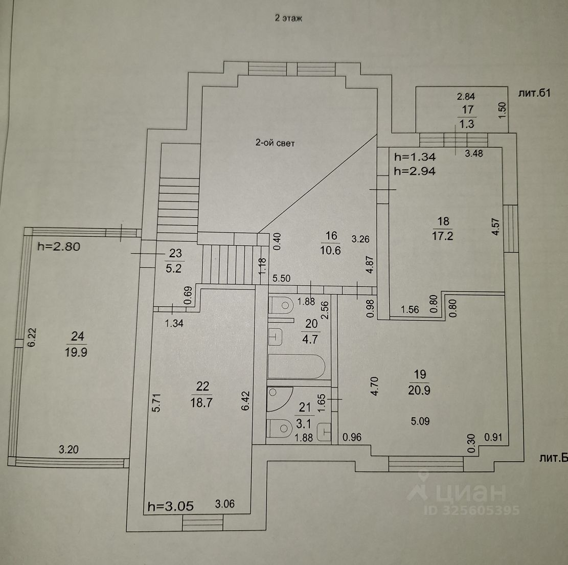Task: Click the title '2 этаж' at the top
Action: pos(289,19)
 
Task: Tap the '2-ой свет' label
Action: pos(275,143)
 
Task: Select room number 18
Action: pos(443,221)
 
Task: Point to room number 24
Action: pos(78,336)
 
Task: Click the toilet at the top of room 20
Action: pos(281,305)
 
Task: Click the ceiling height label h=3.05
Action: pos(170,507)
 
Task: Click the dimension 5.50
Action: pos(281,279)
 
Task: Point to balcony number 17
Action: pos(467,109)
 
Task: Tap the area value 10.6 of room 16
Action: pos(331,251)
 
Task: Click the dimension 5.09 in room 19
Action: pos(421,421)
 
